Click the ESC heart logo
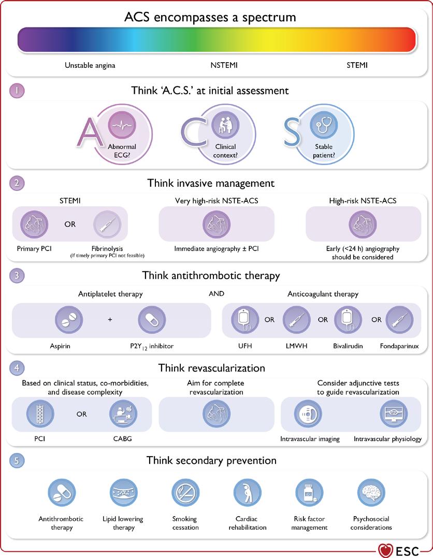pos(385,551)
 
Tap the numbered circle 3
pos(17,275)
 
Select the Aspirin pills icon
pos(69,319)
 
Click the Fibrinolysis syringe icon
pos(107,225)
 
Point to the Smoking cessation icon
pos(185,493)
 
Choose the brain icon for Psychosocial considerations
pos(371,493)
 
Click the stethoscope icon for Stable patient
pos(323,125)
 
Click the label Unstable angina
pos(90,65)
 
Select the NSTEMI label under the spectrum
pos(224,65)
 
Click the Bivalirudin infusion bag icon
pos(348,319)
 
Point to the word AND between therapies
pos(216,293)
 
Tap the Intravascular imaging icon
pos(308,414)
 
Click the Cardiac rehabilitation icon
pos(247,493)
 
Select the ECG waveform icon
pos(122,125)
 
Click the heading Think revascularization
pos(211,368)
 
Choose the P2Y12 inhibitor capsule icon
pos(152,319)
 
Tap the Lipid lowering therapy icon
pos(123,493)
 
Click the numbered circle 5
pos(17,461)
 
